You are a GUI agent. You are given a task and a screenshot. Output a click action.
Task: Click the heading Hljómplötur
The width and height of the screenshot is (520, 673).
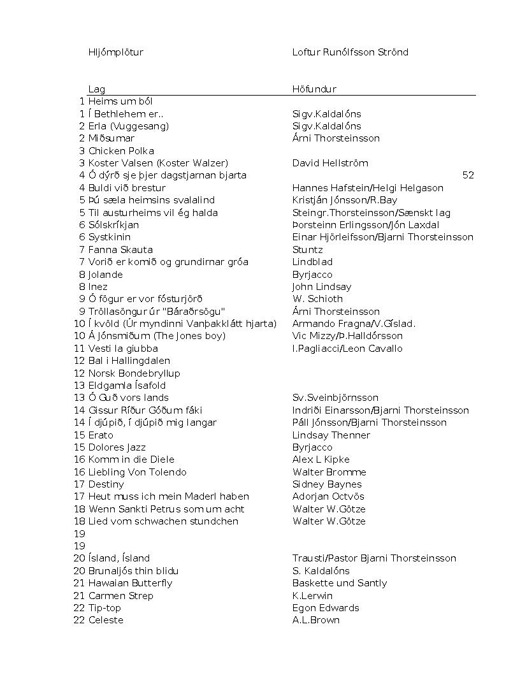point(115,52)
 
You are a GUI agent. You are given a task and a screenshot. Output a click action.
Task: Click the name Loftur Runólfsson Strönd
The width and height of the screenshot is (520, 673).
point(350,52)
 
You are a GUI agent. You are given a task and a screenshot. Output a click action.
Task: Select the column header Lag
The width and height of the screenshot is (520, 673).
point(96,89)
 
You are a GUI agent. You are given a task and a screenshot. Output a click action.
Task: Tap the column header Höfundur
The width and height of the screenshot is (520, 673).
point(314,89)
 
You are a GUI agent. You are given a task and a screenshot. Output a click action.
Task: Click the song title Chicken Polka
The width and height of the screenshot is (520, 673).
point(121,151)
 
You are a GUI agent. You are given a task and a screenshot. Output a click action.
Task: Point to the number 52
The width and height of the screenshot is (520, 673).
point(468,175)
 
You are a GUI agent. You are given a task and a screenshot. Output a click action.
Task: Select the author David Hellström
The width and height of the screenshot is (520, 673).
point(330,163)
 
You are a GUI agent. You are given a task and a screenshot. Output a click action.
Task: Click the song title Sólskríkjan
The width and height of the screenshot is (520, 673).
point(113,225)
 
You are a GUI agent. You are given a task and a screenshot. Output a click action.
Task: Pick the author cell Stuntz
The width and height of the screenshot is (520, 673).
point(307,250)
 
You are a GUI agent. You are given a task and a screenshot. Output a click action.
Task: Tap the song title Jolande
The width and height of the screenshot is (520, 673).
point(105,275)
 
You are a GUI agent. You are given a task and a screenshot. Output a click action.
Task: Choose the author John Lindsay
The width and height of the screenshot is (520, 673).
point(322,287)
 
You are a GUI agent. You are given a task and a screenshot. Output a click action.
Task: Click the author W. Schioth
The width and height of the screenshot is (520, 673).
point(317,299)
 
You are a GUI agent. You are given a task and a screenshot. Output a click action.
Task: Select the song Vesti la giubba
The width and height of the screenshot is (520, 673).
point(123,349)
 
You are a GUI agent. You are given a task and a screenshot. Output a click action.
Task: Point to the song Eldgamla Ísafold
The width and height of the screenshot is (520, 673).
point(127,386)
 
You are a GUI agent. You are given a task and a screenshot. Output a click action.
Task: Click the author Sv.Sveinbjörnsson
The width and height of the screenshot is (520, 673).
point(335,398)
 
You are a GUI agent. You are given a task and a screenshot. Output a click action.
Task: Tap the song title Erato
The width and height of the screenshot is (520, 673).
point(101,435)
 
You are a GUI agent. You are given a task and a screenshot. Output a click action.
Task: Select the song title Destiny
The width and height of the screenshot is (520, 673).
point(106,484)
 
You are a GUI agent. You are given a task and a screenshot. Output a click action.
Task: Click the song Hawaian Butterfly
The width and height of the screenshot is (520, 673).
point(130,583)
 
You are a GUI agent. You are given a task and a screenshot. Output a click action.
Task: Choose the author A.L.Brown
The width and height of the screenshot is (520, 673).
point(315,620)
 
